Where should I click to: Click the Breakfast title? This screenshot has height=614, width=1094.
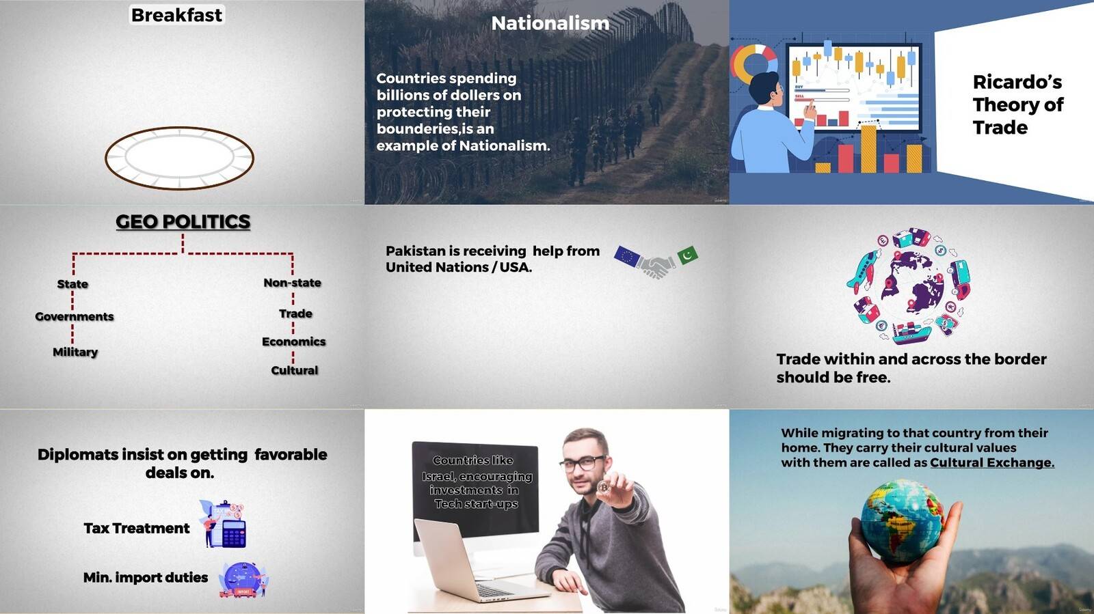(177, 15)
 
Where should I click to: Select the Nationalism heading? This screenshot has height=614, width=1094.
(550, 23)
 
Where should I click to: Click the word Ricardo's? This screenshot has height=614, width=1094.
(1017, 82)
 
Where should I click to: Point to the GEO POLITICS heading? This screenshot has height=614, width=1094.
(183, 222)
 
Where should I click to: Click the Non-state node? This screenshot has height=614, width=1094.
(293, 283)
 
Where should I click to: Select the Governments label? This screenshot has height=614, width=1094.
(75, 316)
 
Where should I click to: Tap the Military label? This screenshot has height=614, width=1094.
(75, 352)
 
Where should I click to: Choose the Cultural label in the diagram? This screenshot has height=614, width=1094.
(295, 371)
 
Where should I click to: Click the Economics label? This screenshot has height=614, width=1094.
(293, 342)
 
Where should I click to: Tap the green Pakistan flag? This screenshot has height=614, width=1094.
(688, 255)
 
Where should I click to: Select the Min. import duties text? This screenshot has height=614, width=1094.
(146, 577)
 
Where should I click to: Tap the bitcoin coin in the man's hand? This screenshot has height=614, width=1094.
(604, 487)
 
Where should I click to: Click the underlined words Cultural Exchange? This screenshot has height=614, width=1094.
(992, 463)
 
